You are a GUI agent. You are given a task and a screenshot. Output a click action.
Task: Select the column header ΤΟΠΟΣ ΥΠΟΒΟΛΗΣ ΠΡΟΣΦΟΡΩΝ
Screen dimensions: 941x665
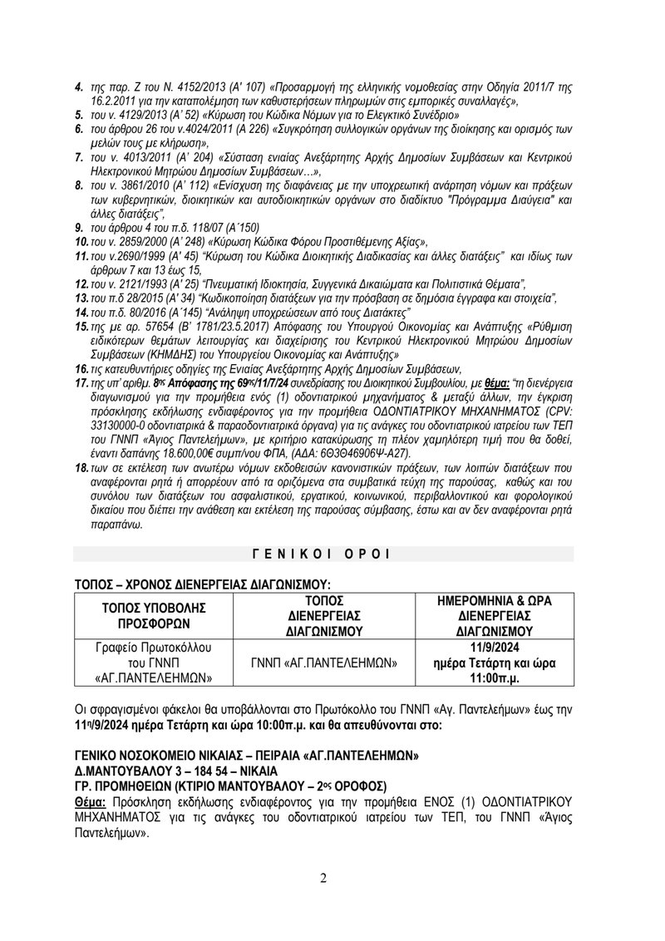click(x=155, y=615)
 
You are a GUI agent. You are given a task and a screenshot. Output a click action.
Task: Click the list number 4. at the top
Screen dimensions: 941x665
click(x=79, y=86)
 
